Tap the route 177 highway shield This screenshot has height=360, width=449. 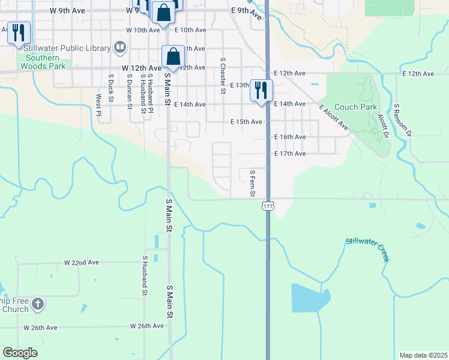tap(268, 206)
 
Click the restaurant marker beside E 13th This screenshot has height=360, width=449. tap(261, 91)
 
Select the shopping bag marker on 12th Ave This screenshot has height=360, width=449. tap(173, 57)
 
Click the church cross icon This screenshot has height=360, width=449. tap(37, 304)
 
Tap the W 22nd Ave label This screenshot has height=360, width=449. tap(81, 263)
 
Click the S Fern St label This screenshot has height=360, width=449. tap(253, 182)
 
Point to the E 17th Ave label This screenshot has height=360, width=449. tap(290, 154)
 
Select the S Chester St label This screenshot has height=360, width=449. tap(223, 76)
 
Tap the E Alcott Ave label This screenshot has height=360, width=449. tap(334, 118)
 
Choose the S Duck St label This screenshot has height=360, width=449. tap(111, 87)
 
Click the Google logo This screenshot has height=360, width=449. tap(20, 353)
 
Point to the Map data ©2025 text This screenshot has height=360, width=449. tap(423, 355)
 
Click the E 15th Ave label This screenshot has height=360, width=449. tap(247, 122)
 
